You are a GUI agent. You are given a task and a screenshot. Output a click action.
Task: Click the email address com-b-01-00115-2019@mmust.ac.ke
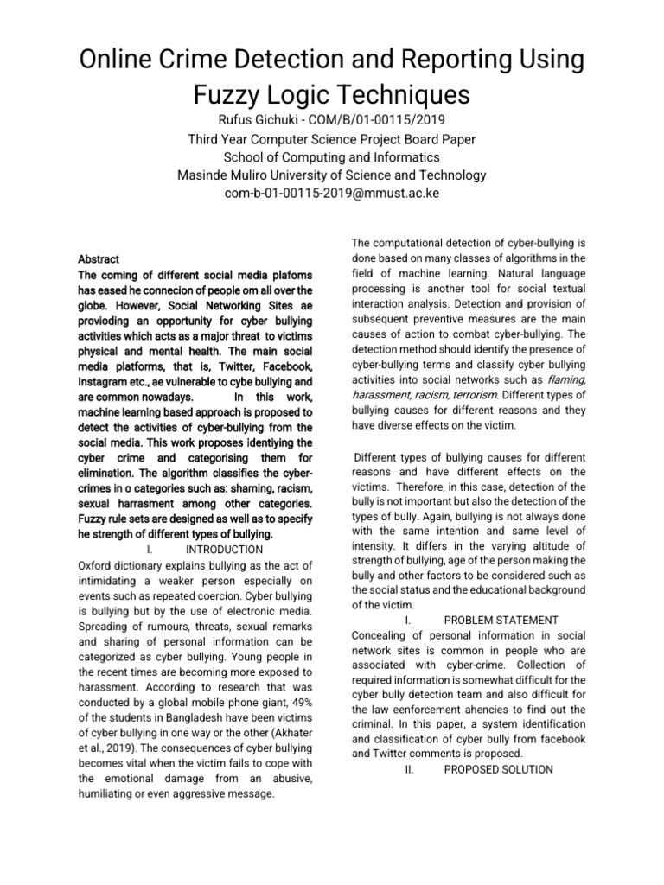(332, 194)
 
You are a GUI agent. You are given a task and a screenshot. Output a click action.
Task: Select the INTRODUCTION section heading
(225, 550)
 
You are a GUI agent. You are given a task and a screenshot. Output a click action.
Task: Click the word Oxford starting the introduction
(98, 564)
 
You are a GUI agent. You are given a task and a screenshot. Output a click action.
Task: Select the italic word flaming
(567, 379)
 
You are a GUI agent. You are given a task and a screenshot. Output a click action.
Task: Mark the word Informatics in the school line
(409, 157)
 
